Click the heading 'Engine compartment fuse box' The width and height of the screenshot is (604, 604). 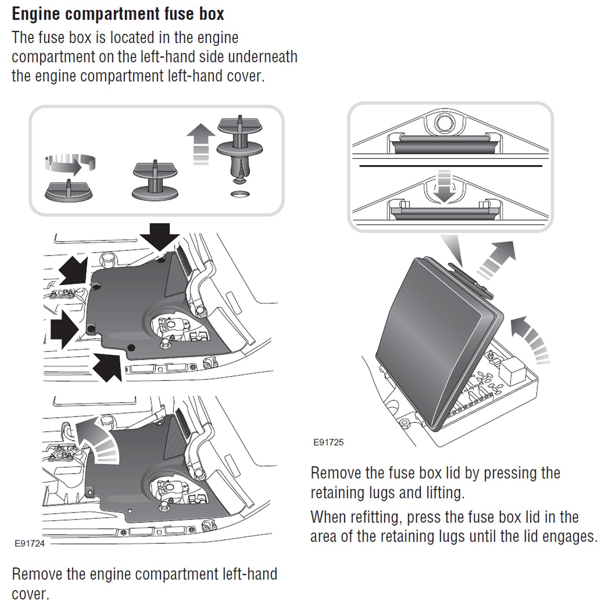click(x=118, y=14)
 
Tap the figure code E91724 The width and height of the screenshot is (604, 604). click(x=29, y=543)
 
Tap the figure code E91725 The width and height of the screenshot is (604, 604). click(x=328, y=442)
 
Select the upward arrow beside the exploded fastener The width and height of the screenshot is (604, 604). click(x=201, y=143)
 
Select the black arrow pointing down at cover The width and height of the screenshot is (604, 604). click(x=160, y=236)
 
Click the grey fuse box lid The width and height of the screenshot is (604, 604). click(x=436, y=337)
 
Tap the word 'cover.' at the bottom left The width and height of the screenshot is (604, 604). click(x=30, y=594)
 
